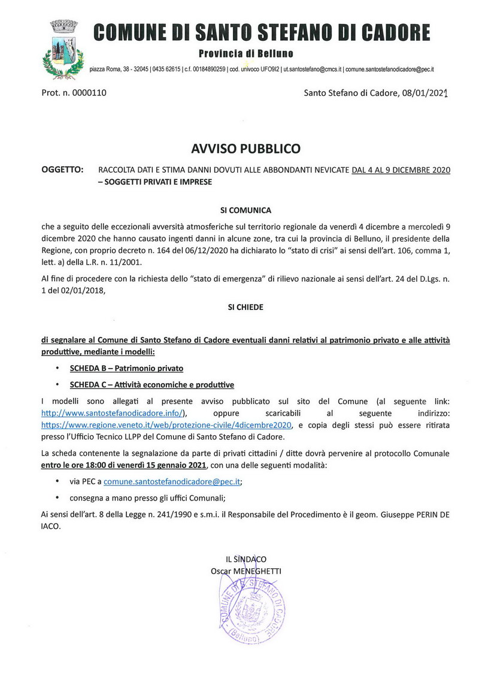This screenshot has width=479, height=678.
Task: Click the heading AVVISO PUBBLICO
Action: (245, 148)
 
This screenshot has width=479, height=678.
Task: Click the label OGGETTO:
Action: (62, 170)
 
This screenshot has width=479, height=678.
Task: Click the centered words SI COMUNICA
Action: (245, 210)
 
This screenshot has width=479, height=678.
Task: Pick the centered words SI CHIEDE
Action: (245, 307)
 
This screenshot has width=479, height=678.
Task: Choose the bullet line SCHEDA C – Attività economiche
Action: (151, 384)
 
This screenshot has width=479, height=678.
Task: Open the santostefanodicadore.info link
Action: (114, 413)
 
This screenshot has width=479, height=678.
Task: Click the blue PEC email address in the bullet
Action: (173, 481)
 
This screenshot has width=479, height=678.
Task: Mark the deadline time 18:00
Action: (96, 466)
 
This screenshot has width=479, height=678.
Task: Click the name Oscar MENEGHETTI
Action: (245, 571)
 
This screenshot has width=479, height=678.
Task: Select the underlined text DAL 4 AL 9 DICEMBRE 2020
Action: (401, 170)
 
